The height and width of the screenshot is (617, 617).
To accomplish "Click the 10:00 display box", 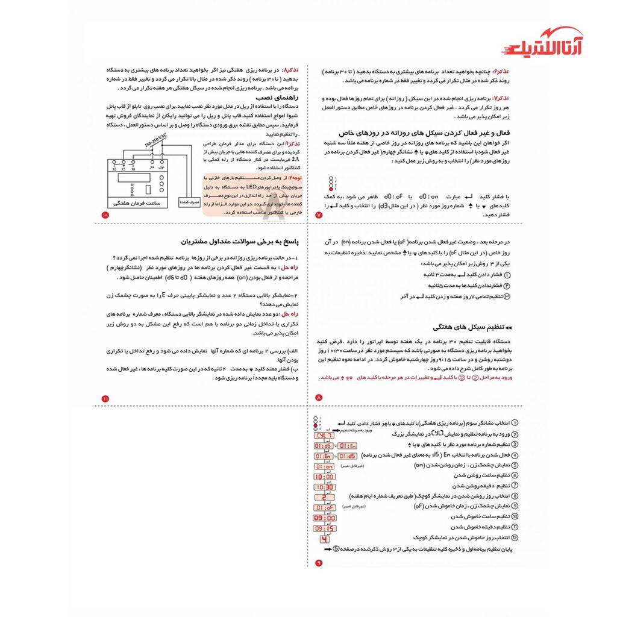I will pyautogui.click(x=324, y=477).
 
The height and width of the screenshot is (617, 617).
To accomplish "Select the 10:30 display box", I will pyautogui.click(x=324, y=487).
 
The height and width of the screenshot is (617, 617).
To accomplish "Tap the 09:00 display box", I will pyautogui.click(x=324, y=518).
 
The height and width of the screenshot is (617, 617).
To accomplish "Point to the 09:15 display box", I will pyautogui.click(x=324, y=528).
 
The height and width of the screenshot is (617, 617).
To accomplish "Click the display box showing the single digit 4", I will pyautogui.click(x=324, y=539).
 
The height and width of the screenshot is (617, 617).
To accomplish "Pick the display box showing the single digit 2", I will pyautogui.click(x=324, y=497).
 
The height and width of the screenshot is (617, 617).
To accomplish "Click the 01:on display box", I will pyautogui.click(x=324, y=466).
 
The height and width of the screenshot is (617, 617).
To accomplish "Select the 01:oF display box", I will pyautogui.click(x=324, y=507).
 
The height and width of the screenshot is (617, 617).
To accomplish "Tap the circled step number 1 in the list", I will pyautogui.click(x=515, y=424).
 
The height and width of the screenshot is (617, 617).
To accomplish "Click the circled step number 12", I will pyautogui.click(x=515, y=537).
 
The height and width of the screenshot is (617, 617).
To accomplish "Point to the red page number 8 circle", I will pyautogui.click(x=319, y=398).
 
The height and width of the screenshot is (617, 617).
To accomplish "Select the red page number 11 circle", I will pyautogui.click(x=105, y=398).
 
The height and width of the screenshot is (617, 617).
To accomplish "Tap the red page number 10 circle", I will pyautogui.click(x=105, y=215).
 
